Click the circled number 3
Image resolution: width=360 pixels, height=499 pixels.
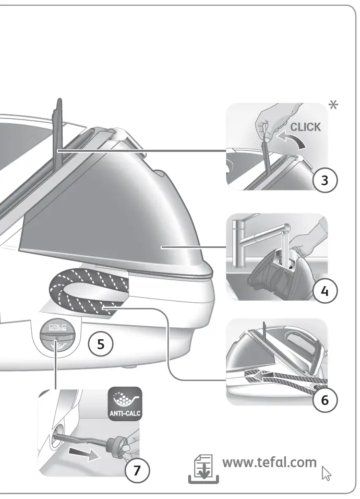pos(325,181)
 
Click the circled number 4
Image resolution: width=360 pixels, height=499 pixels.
pos(325,291)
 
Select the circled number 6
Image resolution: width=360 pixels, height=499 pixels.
pos(325,400)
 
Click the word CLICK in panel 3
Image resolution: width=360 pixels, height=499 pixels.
pos(305,127)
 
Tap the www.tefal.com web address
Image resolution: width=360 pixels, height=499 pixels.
pos(269,462)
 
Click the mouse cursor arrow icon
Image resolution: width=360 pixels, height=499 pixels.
pos(327,473)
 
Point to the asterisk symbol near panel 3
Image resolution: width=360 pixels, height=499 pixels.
pos(333,105)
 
